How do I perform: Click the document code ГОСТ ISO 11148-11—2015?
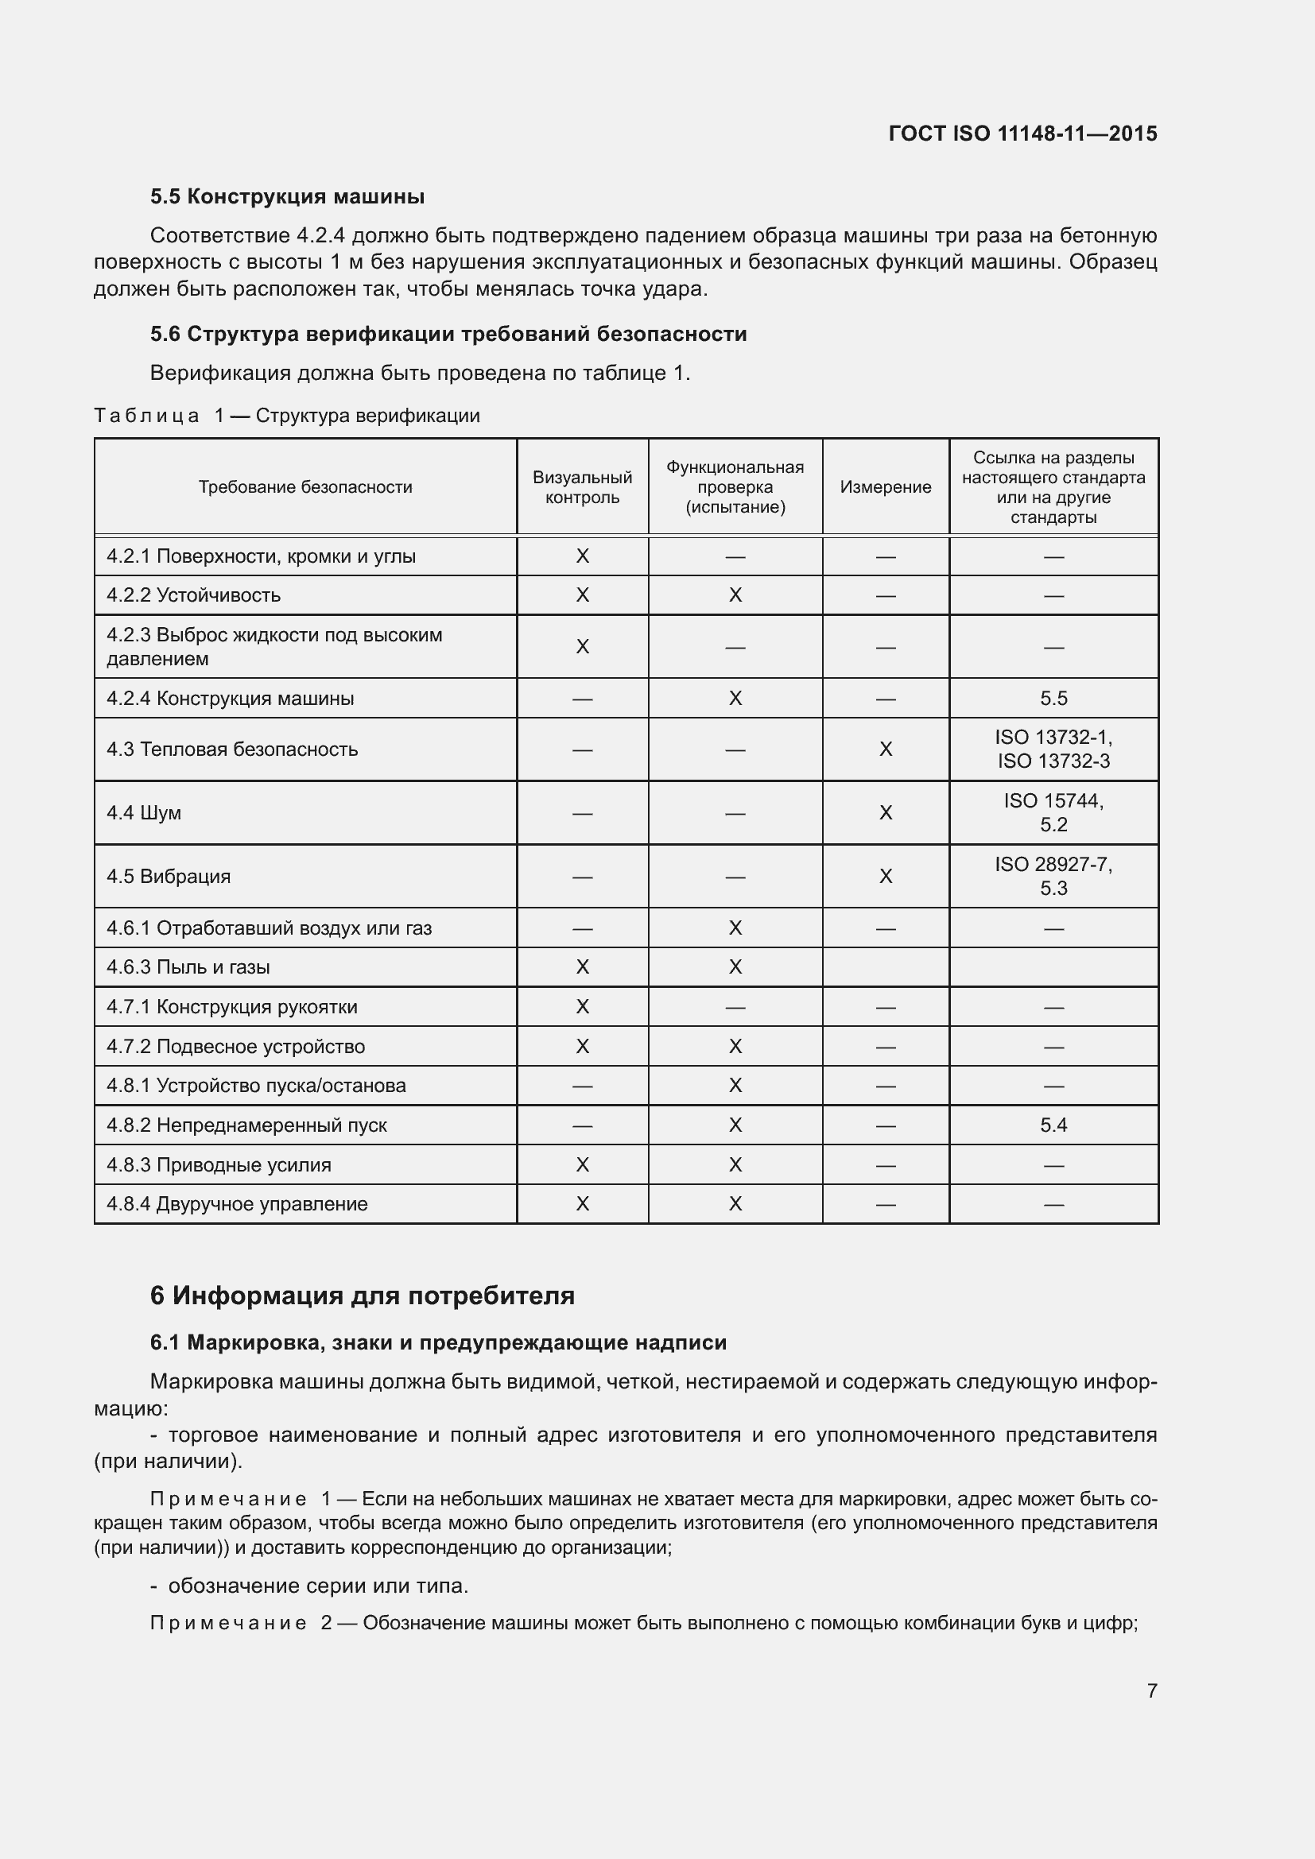click(1022, 134)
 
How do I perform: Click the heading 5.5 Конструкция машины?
click(287, 197)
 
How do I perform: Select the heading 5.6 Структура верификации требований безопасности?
click(448, 334)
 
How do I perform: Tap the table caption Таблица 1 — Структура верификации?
click(287, 416)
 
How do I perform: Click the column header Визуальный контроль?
click(582, 486)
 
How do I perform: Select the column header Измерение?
click(885, 486)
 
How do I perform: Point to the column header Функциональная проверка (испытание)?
click(735, 486)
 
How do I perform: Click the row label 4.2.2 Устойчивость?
click(193, 595)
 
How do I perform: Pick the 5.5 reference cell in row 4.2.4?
click(1053, 698)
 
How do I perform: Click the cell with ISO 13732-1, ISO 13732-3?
click(1053, 749)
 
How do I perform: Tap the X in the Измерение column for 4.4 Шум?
click(885, 812)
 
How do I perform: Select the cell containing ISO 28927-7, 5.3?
click(1053, 876)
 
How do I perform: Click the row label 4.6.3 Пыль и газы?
click(188, 966)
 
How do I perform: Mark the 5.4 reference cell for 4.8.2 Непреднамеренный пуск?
click(1053, 1125)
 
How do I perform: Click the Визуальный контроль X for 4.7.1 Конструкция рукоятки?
click(582, 1006)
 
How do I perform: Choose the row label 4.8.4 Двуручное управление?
click(236, 1204)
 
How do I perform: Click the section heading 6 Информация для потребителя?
click(362, 1295)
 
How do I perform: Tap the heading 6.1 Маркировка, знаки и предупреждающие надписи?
click(438, 1342)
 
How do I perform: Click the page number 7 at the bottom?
click(1151, 1691)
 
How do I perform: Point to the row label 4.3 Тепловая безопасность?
click(231, 749)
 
